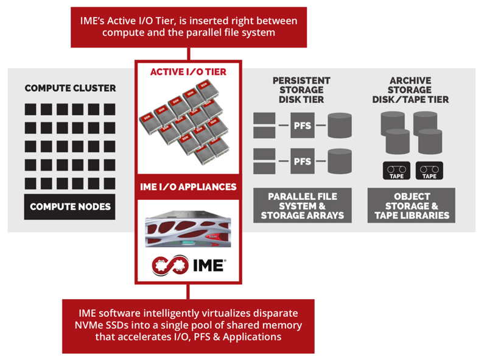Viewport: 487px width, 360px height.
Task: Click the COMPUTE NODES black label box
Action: [69, 207]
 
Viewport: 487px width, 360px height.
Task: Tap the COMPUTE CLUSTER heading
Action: [70, 88]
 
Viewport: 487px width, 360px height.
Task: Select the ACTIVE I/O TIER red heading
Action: [188, 72]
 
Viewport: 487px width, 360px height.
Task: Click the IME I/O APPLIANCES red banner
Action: [188, 186]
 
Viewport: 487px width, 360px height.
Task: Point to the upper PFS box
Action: [303, 125]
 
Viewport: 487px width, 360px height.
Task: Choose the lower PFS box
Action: [303, 161]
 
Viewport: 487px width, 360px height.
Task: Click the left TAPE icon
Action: [397, 171]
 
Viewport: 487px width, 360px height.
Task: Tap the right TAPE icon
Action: [429, 171]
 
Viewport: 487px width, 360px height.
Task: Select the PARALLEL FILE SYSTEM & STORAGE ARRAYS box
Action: [303, 205]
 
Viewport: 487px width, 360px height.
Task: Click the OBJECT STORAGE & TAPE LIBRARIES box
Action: [412, 205]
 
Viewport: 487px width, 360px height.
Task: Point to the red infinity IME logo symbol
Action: [170, 265]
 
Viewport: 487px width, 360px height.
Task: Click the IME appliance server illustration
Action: [188, 230]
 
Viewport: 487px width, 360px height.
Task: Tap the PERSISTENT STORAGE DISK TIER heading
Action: [301, 90]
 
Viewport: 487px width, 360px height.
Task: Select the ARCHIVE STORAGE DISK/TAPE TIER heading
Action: [410, 90]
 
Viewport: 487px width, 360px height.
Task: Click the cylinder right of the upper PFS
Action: [340, 125]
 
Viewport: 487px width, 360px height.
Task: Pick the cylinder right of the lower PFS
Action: [340, 161]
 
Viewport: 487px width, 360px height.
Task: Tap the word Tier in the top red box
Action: [164, 21]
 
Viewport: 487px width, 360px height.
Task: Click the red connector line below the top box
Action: [188, 54]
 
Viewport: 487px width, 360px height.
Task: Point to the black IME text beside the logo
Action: [209, 266]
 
